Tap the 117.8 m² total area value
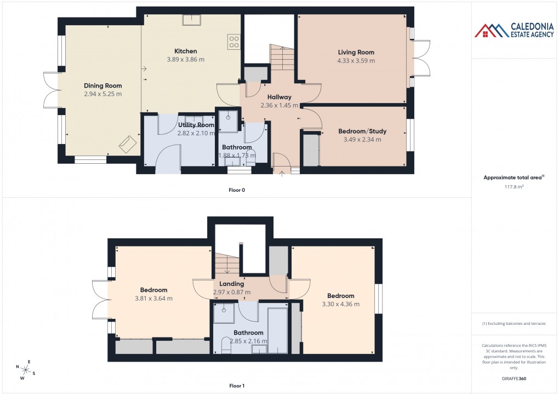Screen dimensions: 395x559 point(514,186)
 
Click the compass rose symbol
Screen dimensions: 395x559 point(26,370)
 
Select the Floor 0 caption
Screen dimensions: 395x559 point(237,190)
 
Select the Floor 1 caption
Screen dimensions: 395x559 point(237,386)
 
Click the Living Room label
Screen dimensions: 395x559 point(356,53)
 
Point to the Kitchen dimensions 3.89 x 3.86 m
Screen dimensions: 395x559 point(185,59)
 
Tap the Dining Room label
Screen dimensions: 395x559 point(102,85)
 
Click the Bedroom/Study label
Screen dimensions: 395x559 point(362,131)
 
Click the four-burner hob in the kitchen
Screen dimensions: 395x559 point(233,42)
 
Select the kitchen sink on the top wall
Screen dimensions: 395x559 point(191,19)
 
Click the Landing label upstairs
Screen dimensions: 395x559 point(231,284)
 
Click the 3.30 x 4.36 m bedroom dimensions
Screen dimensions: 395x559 point(340,304)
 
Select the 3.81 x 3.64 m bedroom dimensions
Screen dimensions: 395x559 point(153,299)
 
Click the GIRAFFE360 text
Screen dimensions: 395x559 point(514,378)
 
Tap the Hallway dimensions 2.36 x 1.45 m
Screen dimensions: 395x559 point(279,106)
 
